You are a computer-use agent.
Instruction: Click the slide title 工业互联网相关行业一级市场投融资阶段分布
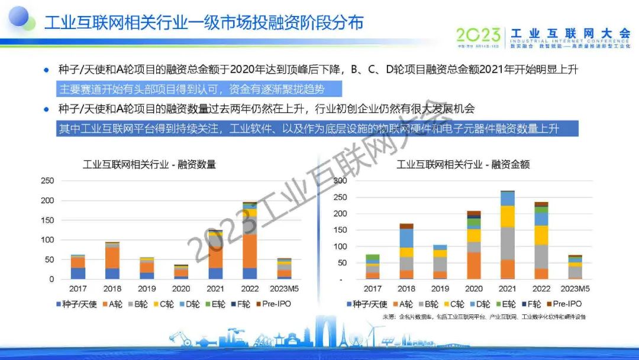pos(204,23)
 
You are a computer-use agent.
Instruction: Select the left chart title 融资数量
pos(149,164)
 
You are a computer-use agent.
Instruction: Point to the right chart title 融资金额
pos(463,164)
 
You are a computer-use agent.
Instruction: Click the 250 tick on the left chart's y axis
pos(47,181)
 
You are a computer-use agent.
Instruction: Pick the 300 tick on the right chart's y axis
pos(339,181)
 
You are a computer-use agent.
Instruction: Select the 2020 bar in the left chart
pos(181,271)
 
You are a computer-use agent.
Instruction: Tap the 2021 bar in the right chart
pos(507,234)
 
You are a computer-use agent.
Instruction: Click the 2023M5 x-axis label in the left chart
pos(284,289)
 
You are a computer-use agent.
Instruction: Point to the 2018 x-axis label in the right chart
pos(406,289)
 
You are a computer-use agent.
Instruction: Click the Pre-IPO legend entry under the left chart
pos(272,304)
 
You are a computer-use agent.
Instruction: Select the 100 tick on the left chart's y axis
pos(47,240)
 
